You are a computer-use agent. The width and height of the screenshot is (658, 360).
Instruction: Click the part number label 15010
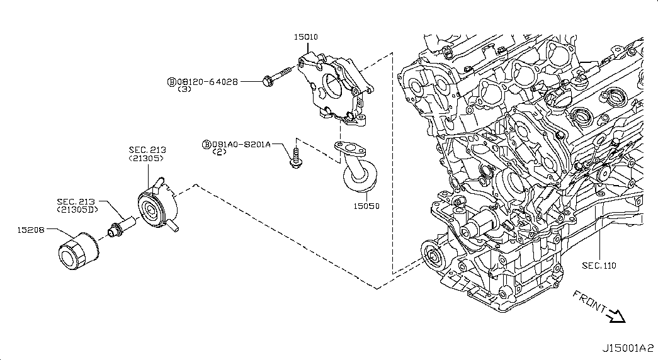coord(305,37)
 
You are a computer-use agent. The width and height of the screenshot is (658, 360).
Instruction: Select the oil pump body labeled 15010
coord(336,89)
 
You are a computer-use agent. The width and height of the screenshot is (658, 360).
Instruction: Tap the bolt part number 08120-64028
coord(207,82)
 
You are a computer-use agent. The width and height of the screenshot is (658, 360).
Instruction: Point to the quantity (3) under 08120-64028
coord(184,89)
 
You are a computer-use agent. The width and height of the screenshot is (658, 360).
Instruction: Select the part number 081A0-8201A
coord(242,144)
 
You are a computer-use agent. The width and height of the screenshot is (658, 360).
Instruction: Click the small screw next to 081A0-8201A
coord(295,159)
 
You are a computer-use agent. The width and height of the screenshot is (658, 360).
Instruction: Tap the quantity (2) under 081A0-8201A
coord(220,152)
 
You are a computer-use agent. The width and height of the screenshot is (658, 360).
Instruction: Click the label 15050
coord(366,206)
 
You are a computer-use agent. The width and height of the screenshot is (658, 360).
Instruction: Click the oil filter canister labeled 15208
coord(79,250)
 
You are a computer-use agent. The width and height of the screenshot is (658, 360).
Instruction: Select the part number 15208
coord(31,230)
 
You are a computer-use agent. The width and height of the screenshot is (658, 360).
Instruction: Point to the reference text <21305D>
coord(77,209)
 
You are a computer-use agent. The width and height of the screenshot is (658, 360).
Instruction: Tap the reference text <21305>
coord(147,158)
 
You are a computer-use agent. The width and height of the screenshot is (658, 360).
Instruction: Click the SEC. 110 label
coord(599,265)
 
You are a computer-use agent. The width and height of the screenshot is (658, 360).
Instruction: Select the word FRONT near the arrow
coord(589,301)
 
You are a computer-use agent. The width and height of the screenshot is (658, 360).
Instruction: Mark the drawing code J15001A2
coord(628,348)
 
